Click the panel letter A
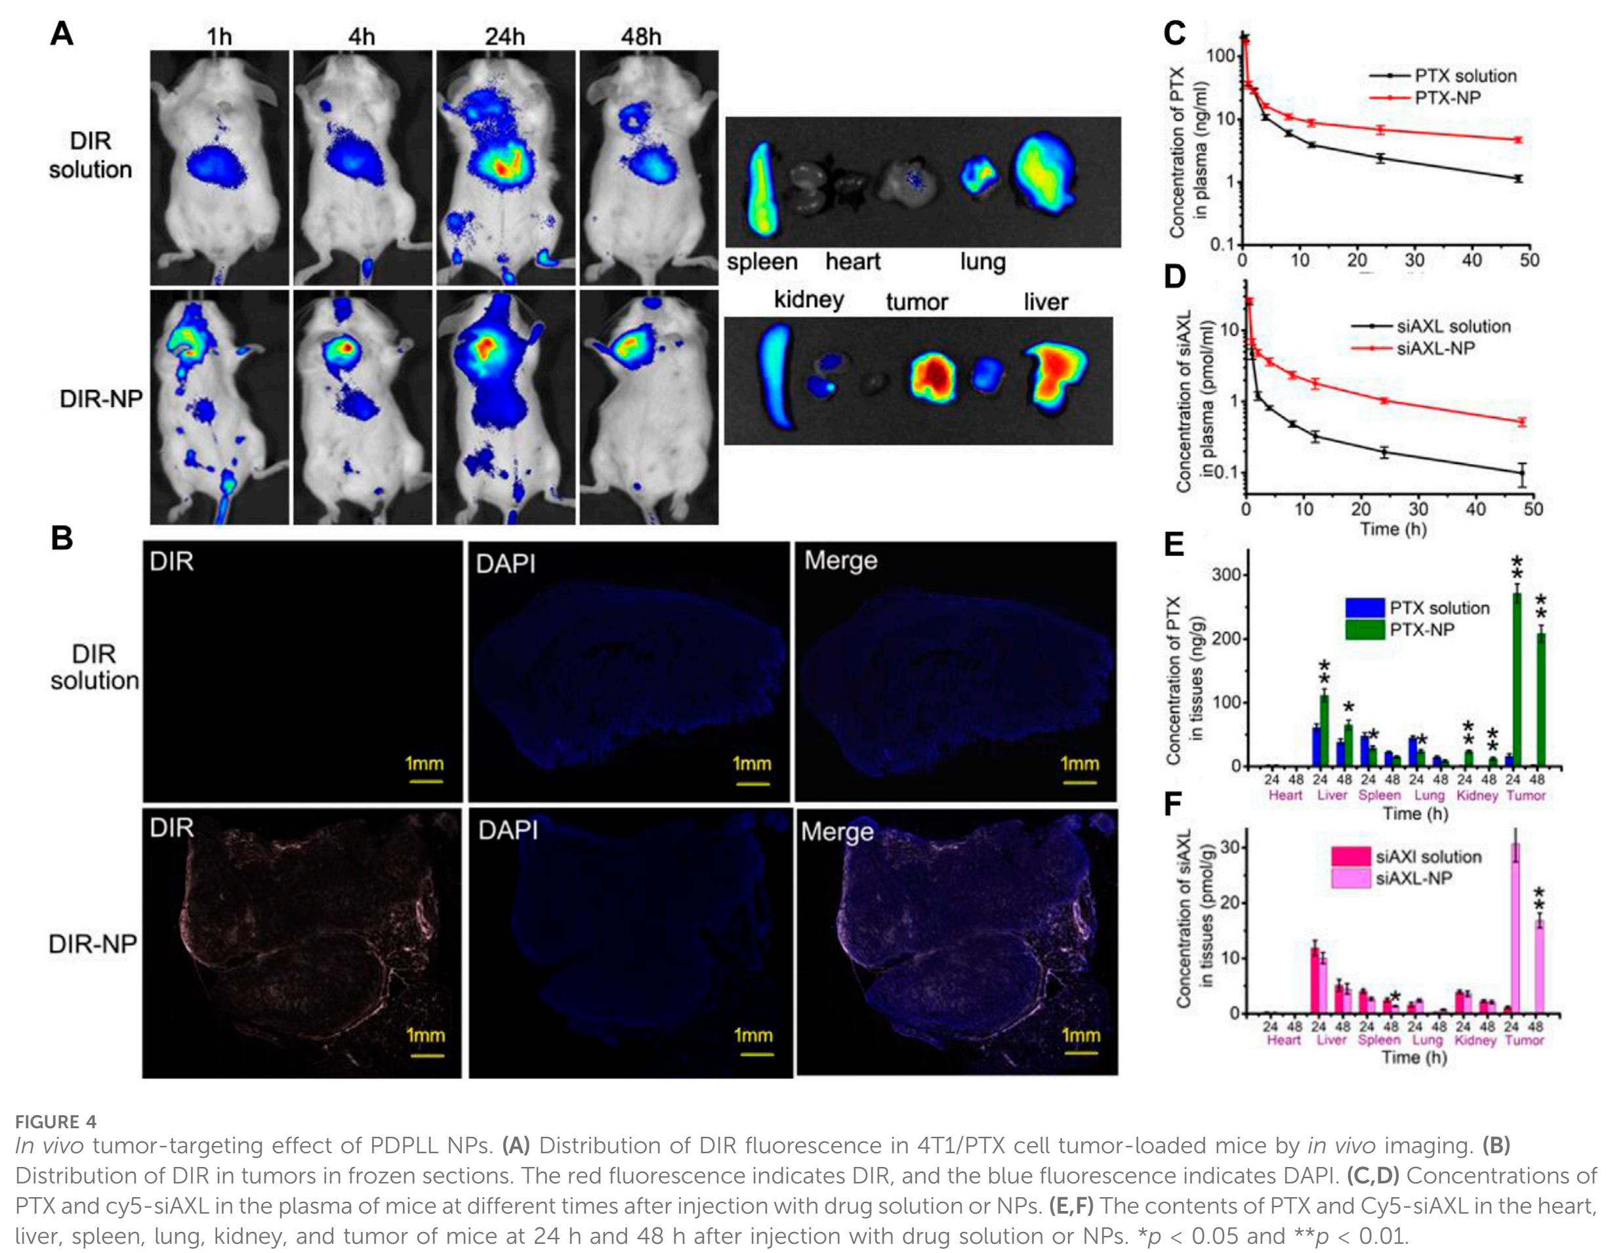(x=62, y=33)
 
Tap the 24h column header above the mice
(x=505, y=36)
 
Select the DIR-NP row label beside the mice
(x=101, y=398)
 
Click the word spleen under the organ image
(x=762, y=263)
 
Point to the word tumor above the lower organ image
(x=917, y=301)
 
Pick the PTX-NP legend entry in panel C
(x=1426, y=97)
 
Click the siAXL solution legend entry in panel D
(x=1431, y=326)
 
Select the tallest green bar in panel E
(x=1517, y=679)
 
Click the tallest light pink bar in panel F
(x=1516, y=928)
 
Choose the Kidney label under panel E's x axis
(x=1477, y=796)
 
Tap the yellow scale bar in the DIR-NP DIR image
(x=426, y=1055)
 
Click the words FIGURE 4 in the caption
(x=56, y=1121)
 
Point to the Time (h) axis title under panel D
(x=1393, y=528)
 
